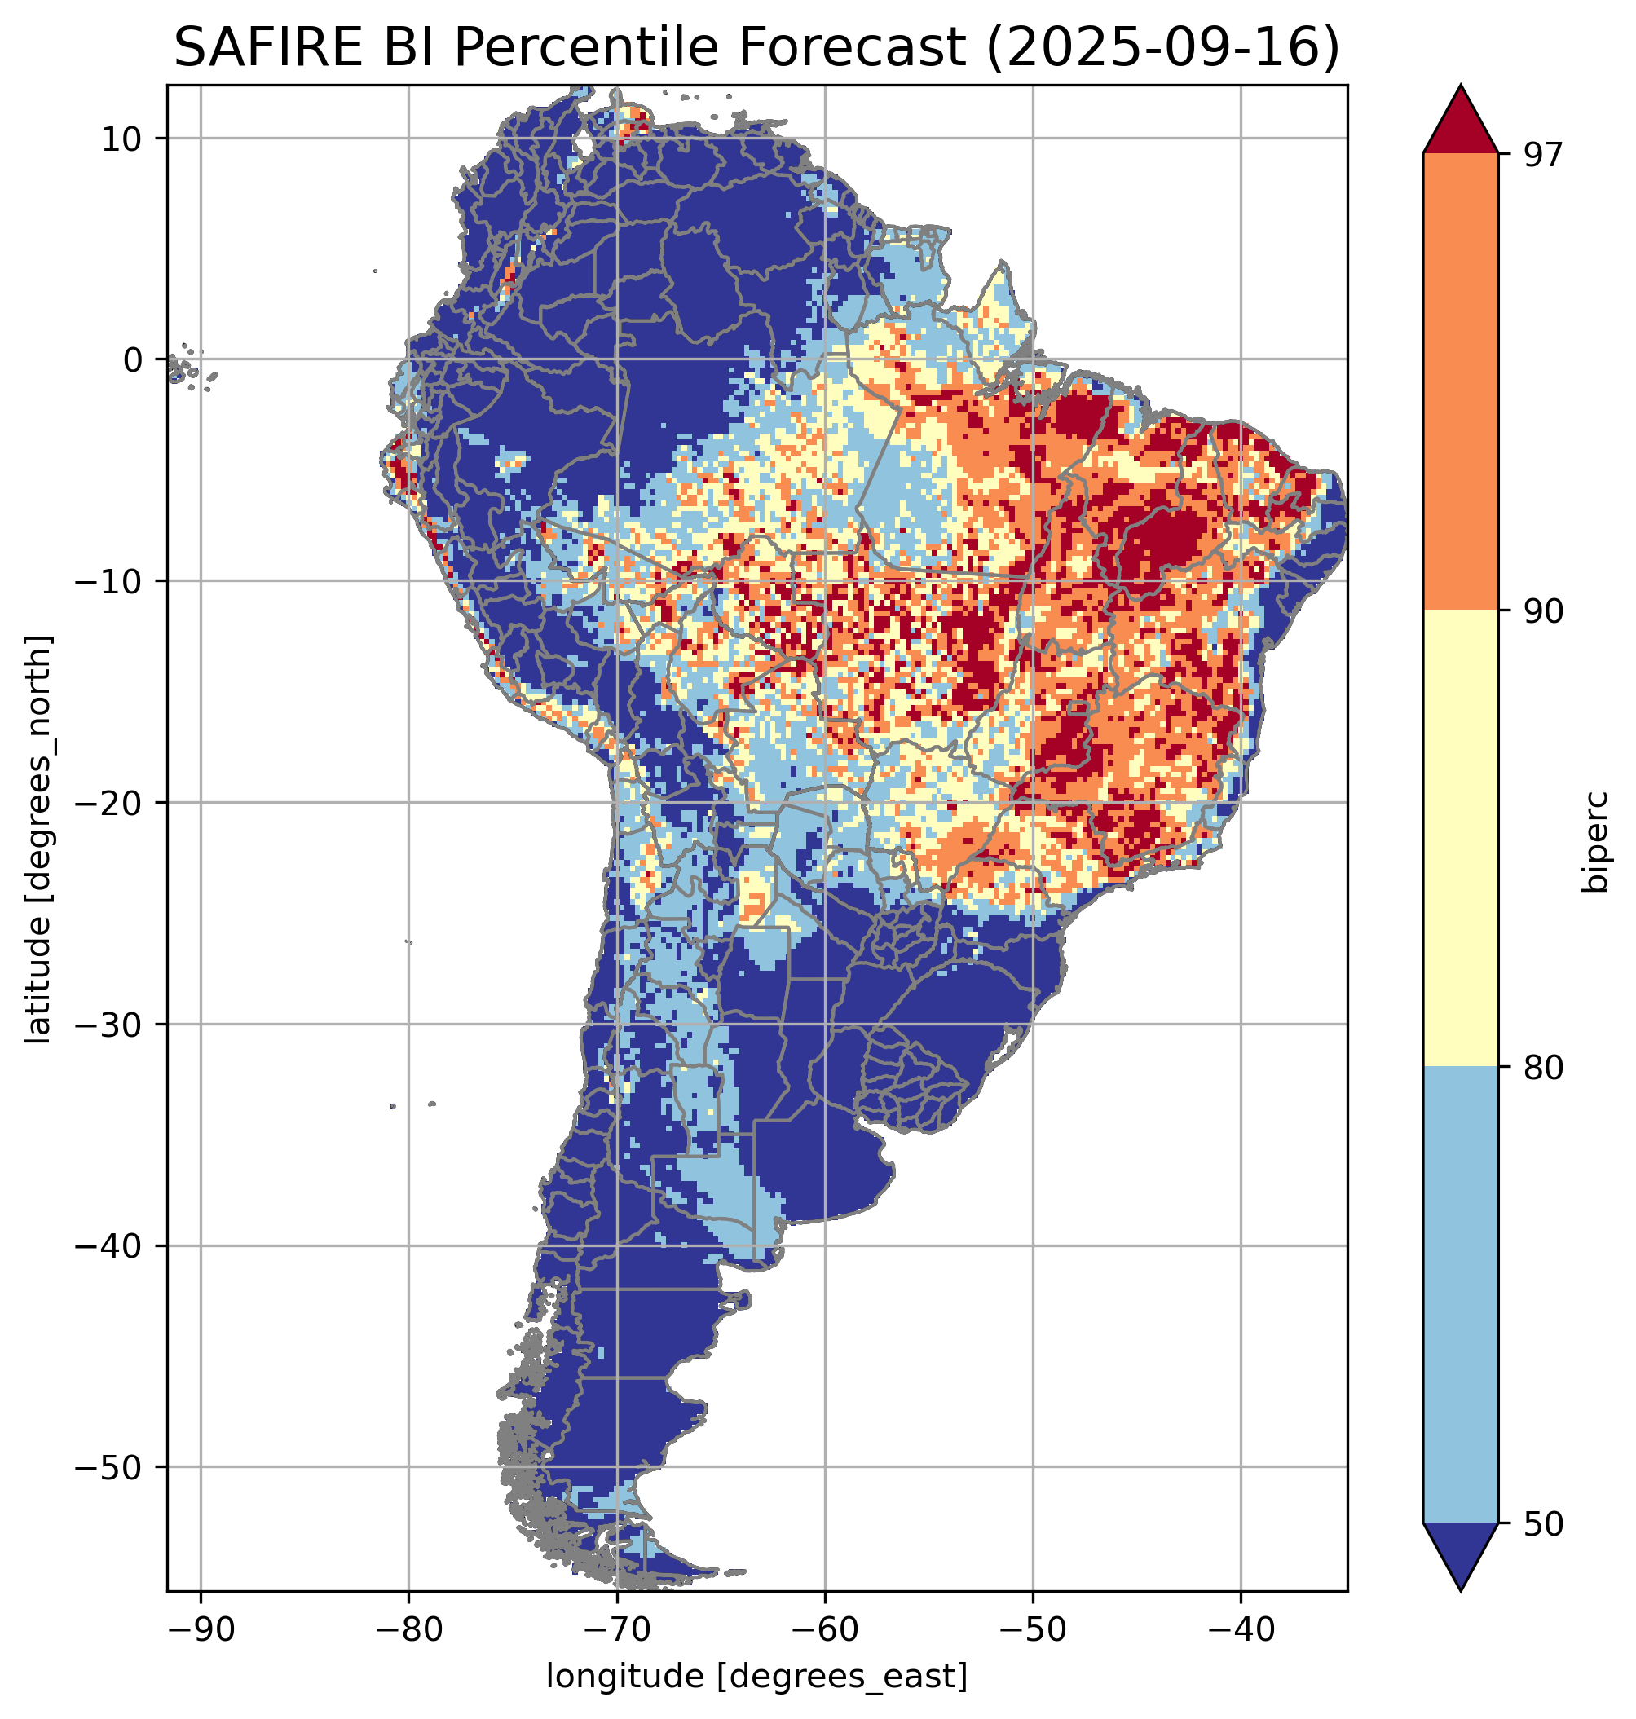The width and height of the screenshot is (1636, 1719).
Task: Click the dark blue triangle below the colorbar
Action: [x=1460, y=1553]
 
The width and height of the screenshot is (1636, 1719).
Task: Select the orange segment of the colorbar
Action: [x=1460, y=382]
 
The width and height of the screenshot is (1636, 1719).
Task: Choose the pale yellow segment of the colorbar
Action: [x=1460, y=837]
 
